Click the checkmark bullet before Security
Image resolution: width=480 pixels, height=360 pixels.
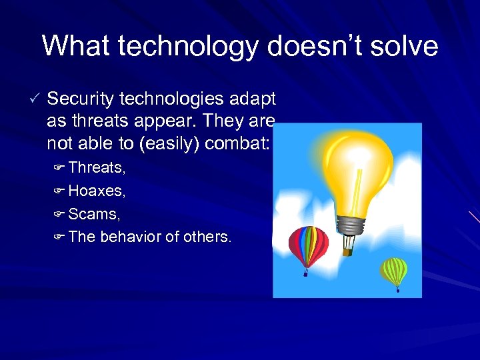[35, 99]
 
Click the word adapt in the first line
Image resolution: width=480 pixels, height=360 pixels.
[253, 99]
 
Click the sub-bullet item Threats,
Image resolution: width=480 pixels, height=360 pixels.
[97, 167]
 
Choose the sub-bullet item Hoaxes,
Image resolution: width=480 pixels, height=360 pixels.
[97, 191]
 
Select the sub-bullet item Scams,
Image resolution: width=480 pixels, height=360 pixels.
[94, 214]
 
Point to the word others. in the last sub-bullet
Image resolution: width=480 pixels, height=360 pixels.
[206, 237]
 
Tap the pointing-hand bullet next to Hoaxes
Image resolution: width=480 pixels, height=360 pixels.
[58, 191]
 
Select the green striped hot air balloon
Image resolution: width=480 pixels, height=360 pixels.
[394, 269]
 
